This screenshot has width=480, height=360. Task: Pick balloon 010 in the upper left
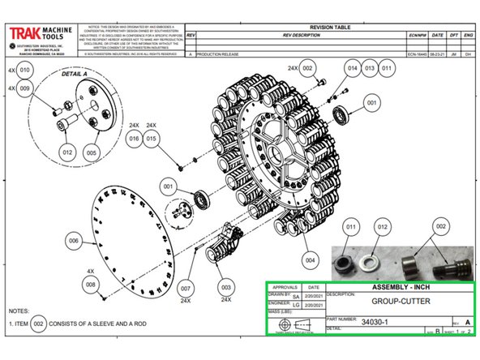[x=26, y=71]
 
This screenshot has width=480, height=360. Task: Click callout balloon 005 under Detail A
[x=91, y=152]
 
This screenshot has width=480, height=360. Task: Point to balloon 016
[x=135, y=139]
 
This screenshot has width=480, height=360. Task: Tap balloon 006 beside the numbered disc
[x=75, y=241]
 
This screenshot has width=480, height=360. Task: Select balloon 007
[x=185, y=289]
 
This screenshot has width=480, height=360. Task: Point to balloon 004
[x=309, y=260]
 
